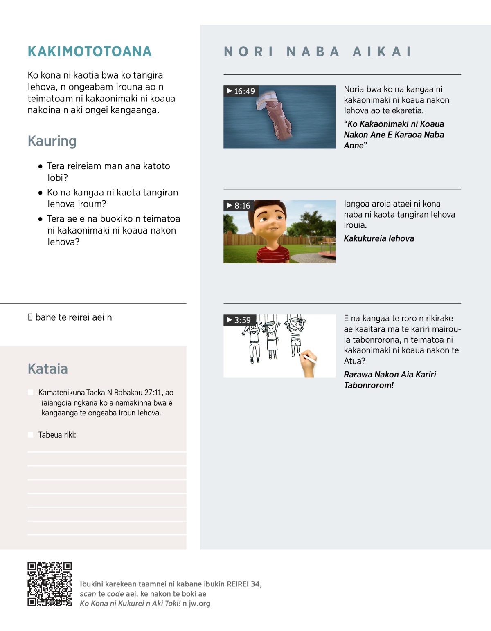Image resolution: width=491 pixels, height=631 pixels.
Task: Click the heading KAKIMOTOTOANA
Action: (x=90, y=52)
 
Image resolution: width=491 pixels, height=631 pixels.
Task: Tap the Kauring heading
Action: (x=52, y=141)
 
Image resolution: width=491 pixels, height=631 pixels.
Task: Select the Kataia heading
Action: (x=47, y=369)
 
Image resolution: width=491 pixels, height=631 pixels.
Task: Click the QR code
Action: (x=50, y=584)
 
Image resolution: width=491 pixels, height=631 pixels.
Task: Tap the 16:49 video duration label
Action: (x=241, y=91)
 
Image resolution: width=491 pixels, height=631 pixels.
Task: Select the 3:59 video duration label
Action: (x=239, y=320)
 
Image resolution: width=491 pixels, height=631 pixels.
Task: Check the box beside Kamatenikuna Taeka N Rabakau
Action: (x=31, y=393)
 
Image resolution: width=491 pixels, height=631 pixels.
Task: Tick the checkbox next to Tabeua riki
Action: (x=31, y=435)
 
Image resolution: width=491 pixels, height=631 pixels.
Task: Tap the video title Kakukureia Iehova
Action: (x=379, y=239)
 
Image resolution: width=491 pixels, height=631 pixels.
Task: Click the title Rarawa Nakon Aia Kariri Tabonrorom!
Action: (x=390, y=380)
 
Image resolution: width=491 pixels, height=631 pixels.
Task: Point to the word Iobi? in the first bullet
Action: (x=57, y=178)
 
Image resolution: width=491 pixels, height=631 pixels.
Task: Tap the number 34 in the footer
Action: (x=256, y=584)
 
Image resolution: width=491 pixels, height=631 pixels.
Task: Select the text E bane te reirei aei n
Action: (x=70, y=317)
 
